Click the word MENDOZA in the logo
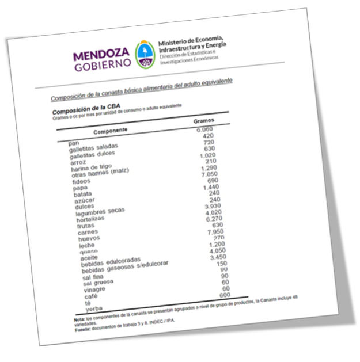click(x=102, y=56)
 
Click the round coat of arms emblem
click(x=144, y=52)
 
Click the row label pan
click(x=73, y=142)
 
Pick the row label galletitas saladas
click(x=89, y=148)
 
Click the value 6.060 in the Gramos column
click(x=204, y=129)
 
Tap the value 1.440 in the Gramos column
click(x=211, y=188)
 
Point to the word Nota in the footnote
click(x=79, y=318)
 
